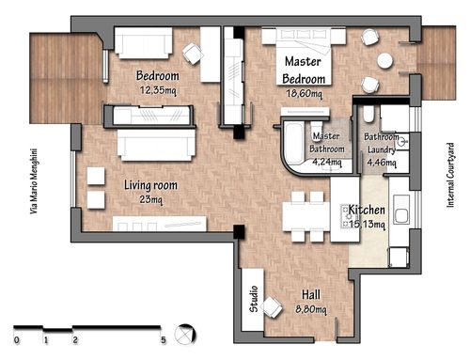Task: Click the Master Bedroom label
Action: (x=304, y=70)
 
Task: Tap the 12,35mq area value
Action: (x=158, y=90)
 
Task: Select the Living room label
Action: (x=150, y=185)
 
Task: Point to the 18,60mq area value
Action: (x=304, y=93)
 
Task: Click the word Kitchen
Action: (x=367, y=210)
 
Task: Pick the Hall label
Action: (x=311, y=294)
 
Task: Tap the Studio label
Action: (x=254, y=299)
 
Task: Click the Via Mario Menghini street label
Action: (x=34, y=181)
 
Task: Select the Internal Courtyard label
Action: (x=450, y=175)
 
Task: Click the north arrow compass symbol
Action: (x=185, y=334)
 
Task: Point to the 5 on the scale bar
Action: (x=164, y=340)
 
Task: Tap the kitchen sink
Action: (x=401, y=210)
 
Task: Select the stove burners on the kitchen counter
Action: (x=345, y=216)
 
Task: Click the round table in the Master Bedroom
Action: (x=385, y=60)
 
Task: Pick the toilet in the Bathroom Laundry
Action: (x=368, y=114)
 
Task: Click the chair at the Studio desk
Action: (x=272, y=307)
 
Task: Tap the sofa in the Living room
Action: (x=156, y=145)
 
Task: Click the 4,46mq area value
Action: (x=382, y=163)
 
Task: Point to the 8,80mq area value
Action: (x=311, y=309)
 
